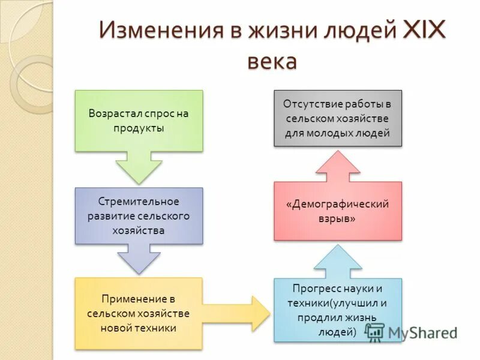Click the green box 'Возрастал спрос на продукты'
(139, 121)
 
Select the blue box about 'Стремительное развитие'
(139, 215)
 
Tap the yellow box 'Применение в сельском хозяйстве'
(139, 313)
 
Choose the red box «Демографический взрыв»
(338, 211)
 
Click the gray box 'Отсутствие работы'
(338, 118)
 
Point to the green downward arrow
(139, 166)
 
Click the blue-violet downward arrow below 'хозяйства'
(139, 259)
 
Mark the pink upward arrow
(338, 167)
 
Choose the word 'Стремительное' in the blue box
(133, 202)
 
